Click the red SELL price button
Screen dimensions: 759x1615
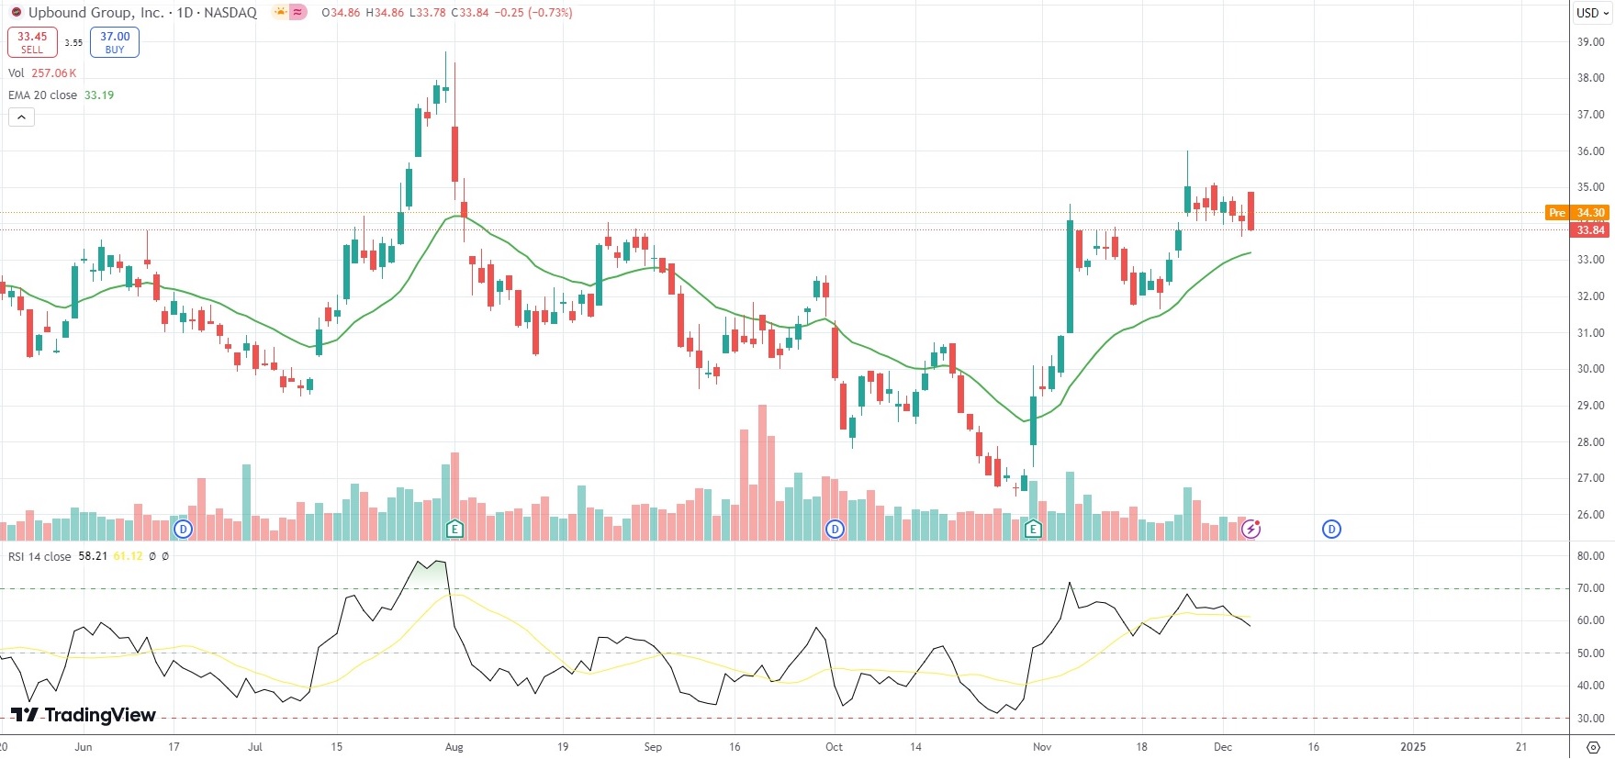tap(32, 42)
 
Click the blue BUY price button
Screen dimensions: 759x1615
tap(115, 42)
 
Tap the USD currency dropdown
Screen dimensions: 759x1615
tap(1592, 13)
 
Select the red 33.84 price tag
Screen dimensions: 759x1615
tap(1590, 230)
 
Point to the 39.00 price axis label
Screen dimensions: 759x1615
tap(1590, 42)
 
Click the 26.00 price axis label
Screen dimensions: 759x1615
tap(1590, 515)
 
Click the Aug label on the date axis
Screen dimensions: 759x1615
tap(454, 747)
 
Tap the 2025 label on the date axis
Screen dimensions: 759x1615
tap(1413, 747)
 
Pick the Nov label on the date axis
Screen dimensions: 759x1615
tap(1042, 747)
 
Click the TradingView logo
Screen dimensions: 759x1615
tap(84, 715)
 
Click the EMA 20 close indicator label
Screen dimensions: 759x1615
tap(43, 95)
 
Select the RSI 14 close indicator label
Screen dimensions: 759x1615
tap(39, 556)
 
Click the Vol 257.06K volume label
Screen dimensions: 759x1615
tap(42, 73)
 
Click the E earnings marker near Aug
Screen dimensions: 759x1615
tap(454, 529)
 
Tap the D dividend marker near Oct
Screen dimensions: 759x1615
tap(835, 529)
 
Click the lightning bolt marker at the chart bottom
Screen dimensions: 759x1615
tap(1251, 529)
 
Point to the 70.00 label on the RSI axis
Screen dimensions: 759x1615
tap(1590, 588)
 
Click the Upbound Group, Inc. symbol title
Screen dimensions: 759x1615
tap(96, 13)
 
